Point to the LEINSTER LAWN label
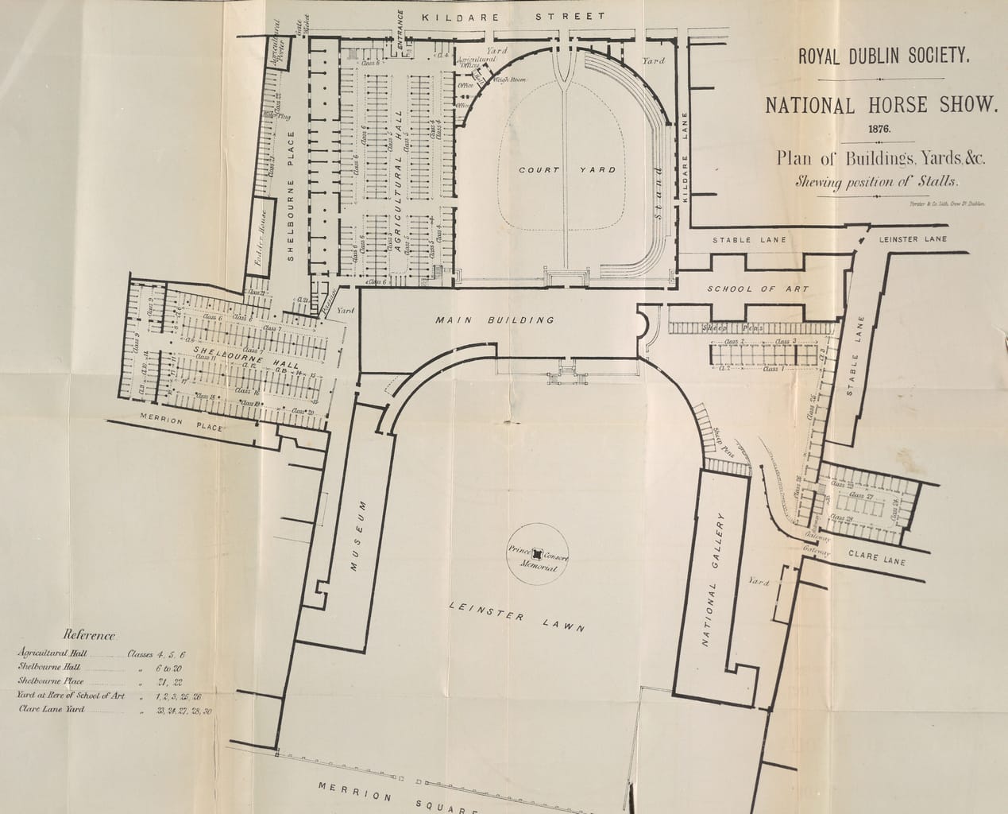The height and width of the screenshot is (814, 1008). (x=516, y=617)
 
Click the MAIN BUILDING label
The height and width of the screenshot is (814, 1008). (x=494, y=320)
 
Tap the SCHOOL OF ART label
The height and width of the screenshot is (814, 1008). (x=758, y=289)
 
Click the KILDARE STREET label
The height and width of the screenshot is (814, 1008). (x=513, y=17)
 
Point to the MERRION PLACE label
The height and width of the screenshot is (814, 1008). (x=181, y=424)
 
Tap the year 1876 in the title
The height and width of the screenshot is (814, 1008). (x=879, y=128)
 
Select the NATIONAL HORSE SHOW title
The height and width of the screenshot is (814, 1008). (x=879, y=105)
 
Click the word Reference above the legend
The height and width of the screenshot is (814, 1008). (x=90, y=635)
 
